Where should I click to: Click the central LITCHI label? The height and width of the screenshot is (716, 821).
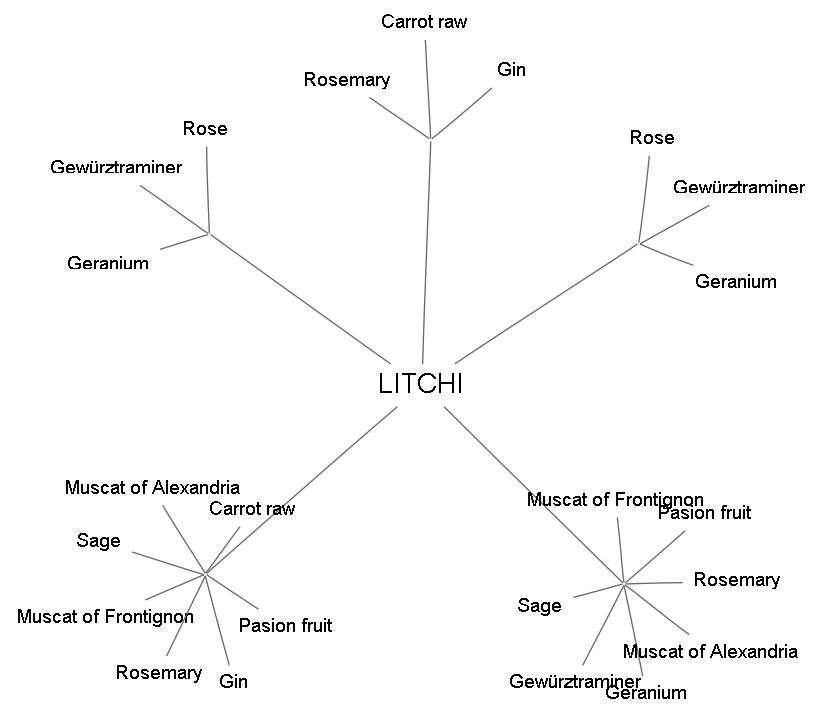click(x=421, y=385)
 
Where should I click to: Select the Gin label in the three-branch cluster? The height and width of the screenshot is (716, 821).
click(x=511, y=70)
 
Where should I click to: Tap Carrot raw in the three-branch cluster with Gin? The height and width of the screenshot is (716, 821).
click(x=424, y=21)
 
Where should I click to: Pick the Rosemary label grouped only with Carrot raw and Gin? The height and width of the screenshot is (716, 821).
click(x=347, y=80)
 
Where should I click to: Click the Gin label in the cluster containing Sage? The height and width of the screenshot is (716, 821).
click(x=233, y=682)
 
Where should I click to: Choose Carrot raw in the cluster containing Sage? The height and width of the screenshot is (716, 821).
click(x=252, y=509)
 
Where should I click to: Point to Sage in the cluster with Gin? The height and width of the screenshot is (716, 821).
click(x=98, y=541)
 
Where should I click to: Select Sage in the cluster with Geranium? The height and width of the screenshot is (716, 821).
click(x=539, y=605)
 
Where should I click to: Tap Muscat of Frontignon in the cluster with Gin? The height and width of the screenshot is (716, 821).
click(x=105, y=616)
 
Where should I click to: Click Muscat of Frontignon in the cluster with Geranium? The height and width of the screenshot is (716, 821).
click(x=615, y=500)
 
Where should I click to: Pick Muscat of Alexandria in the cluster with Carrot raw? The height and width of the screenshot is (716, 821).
click(x=152, y=488)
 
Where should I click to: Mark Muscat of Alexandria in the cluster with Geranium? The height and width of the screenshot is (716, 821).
click(x=710, y=652)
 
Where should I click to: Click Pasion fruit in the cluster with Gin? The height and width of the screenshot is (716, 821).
click(x=285, y=626)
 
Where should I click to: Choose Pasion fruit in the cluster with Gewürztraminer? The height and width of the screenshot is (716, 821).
click(x=704, y=513)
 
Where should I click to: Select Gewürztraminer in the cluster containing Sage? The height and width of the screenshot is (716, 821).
click(x=574, y=682)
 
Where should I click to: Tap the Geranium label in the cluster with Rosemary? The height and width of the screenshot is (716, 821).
click(x=646, y=693)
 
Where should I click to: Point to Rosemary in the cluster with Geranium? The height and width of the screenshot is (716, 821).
click(x=736, y=580)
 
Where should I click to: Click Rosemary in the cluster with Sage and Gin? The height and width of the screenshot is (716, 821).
click(x=158, y=673)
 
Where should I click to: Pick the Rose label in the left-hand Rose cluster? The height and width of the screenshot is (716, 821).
click(x=205, y=129)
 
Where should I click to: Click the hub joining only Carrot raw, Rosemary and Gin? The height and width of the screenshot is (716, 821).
click(x=430, y=139)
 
